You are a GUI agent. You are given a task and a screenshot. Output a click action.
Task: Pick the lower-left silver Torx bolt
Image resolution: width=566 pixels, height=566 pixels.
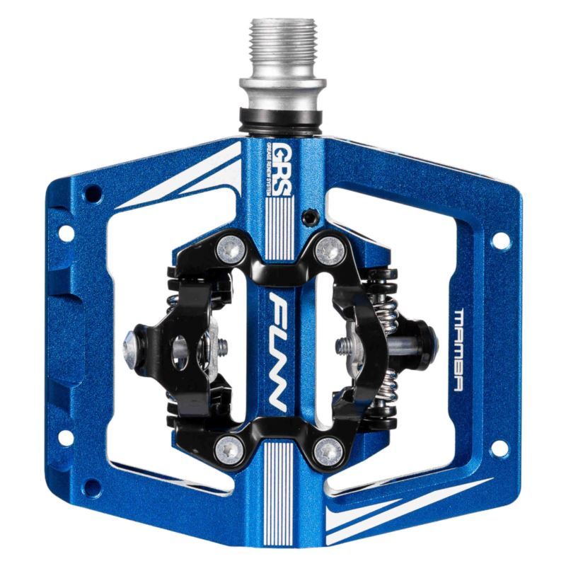tap(227, 447)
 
